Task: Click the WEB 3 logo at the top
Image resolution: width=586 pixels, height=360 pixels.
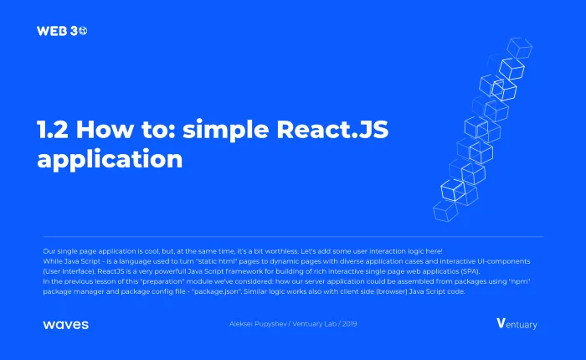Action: pyautogui.click(x=62, y=31)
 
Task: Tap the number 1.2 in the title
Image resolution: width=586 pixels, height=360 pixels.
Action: pyautogui.click(x=53, y=129)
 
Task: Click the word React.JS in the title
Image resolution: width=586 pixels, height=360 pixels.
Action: pyautogui.click(x=332, y=129)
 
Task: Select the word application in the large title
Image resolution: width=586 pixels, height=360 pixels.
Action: pyautogui.click(x=110, y=160)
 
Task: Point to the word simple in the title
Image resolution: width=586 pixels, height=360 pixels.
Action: pyautogui.click(x=226, y=131)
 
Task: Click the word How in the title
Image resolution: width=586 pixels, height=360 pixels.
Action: pyautogui.click(x=105, y=129)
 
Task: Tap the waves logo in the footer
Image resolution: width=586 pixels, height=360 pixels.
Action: pyautogui.click(x=66, y=325)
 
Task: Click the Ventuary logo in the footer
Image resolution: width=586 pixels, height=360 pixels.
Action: pyautogui.click(x=517, y=324)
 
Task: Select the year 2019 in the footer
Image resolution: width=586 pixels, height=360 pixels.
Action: pyautogui.click(x=349, y=324)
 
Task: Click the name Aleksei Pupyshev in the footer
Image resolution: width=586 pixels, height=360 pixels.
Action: pyautogui.click(x=258, y=324)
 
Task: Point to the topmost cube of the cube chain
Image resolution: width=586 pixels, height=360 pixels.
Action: pyautogui.click(x=520, y=48)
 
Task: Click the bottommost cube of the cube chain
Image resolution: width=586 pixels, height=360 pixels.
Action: pyautogui.click(x=445, y=210)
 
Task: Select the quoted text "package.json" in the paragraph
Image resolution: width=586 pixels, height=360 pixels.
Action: pyautogui.click(x=216, y=291)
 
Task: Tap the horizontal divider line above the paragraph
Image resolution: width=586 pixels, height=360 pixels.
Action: pyautogui.click(x=293, y=237)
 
